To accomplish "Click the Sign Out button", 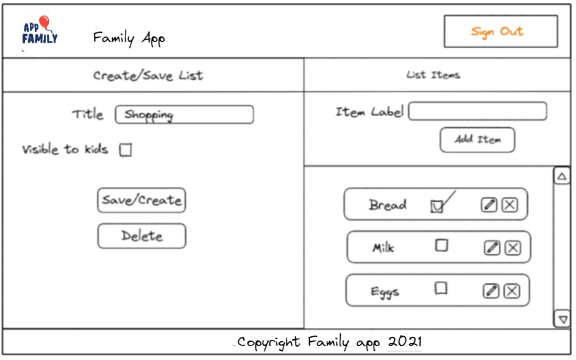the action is [500, 32].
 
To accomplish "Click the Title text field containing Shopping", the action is [184, 115].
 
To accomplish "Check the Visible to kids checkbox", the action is [126, 150].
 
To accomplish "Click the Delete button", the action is [141, 236].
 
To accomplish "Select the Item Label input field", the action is [477, 111].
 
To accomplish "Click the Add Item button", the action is [477, 139].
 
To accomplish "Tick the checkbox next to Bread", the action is [436, 206].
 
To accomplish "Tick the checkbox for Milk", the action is [441, 245].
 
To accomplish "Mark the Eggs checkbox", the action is [441, 288].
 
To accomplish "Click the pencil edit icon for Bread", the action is [489, 205].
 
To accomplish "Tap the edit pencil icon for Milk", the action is [492, 247].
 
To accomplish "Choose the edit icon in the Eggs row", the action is [491, 291].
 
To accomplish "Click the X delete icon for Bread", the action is [510, 205].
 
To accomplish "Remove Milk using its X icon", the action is [513, 247].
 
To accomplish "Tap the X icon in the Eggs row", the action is [512, 291].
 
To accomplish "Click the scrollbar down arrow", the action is [561, 319].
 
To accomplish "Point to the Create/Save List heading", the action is [148, 76].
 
